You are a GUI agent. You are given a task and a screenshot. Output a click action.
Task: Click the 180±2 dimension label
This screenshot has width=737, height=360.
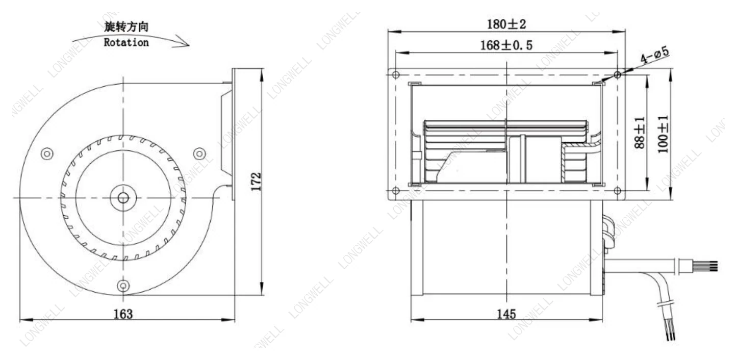(506, 24)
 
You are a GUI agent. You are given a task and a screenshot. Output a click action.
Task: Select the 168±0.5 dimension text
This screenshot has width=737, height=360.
(506, 45)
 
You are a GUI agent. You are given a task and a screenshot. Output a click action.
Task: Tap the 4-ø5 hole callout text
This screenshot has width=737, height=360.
(654, 55)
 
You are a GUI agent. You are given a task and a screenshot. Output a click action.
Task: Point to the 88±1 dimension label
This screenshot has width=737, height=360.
(640, 133)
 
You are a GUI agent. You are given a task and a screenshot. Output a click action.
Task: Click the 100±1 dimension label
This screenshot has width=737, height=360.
(663, 134)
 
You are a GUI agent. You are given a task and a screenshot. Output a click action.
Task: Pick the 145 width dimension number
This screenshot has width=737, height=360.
(506, 314)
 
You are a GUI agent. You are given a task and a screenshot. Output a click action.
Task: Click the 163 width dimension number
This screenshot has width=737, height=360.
(123, 314)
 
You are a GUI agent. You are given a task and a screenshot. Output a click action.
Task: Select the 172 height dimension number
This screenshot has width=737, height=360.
(256, 182)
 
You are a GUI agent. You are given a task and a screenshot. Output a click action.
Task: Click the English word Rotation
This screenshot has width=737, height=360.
(126, 42)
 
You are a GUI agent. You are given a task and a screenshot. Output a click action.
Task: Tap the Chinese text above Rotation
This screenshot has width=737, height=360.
(126, 27)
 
